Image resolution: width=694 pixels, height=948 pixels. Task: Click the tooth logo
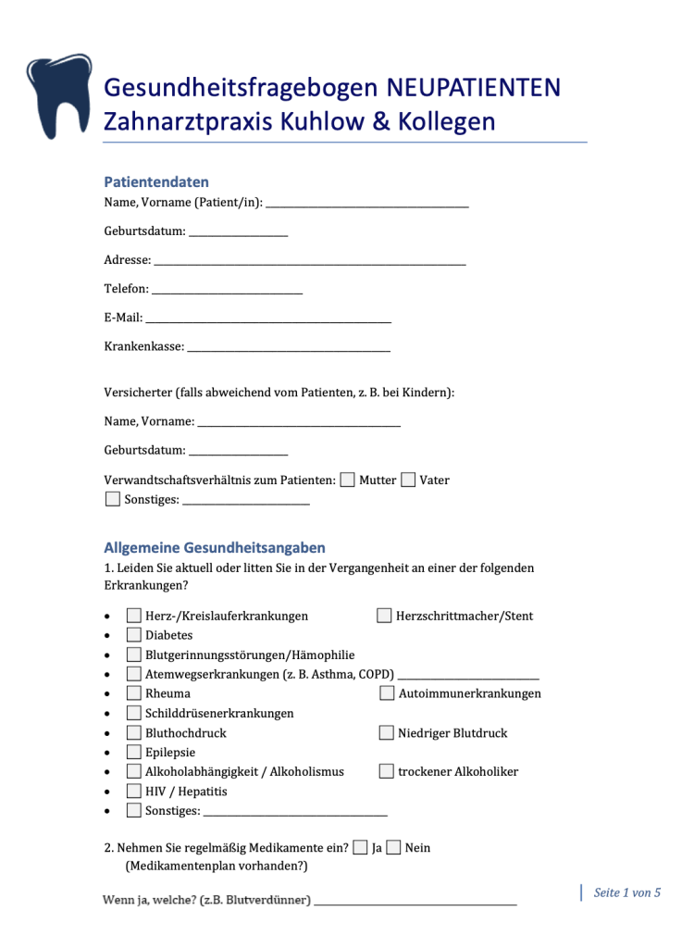57,94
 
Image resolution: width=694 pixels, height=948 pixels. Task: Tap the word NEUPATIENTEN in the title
473,88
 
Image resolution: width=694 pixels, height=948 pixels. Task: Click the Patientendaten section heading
156,182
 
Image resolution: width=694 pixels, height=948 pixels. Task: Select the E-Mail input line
268,319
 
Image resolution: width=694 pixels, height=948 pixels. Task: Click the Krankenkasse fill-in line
289,349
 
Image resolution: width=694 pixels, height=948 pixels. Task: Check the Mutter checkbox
347,480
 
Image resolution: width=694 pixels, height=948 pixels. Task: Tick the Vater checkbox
408,480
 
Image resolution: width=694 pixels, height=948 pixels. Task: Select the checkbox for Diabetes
134,635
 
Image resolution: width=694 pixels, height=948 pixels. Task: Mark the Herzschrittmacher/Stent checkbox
384,616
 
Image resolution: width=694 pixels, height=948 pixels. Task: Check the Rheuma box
134,693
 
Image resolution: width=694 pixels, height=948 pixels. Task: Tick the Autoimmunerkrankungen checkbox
387,693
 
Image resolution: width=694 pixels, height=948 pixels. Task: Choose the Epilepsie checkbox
134,752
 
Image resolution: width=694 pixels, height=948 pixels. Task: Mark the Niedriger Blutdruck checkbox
387,733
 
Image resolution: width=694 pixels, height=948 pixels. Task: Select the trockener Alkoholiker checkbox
387,771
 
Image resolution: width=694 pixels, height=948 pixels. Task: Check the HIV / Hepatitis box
134,792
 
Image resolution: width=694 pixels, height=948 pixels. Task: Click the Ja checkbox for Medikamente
360,847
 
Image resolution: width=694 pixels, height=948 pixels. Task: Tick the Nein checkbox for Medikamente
393,847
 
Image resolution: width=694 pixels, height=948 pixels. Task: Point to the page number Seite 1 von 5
626,893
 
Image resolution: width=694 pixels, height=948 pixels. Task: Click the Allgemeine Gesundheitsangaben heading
215,548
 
